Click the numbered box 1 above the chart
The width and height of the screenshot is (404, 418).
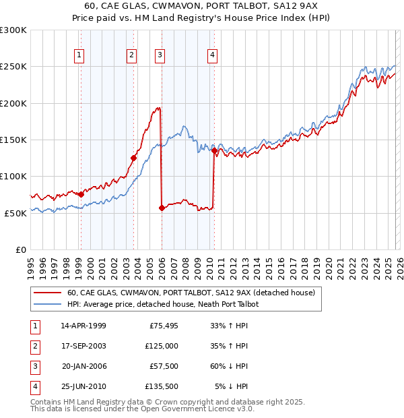click(80, 55)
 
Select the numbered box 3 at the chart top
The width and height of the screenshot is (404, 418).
click(160, 55)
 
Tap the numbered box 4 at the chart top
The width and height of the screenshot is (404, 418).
click(212, 55)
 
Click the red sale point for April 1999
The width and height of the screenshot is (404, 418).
click(81, 194)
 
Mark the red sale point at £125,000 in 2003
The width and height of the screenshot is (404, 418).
click(133, 158)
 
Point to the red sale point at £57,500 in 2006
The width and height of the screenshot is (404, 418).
click(162, 208)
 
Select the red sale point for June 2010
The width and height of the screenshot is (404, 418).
click(214, 151)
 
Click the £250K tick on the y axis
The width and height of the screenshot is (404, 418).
click(13, 67)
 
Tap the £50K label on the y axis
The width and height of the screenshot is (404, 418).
click(16, 213)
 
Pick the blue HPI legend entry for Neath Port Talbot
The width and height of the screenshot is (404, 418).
click(162, 304)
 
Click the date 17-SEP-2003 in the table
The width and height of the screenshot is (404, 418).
click(83, 346)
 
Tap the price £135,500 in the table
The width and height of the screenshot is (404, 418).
click(161, 386)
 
